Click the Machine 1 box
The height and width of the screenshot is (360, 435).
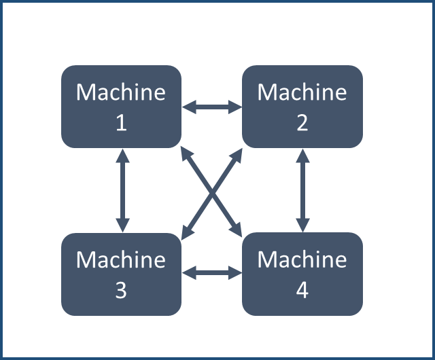[x=121, y=107]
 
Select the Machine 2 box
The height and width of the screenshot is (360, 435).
[x=302, y=107]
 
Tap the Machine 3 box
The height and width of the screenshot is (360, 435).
[x=121, y=274]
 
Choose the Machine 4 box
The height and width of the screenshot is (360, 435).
[x=302, y=274]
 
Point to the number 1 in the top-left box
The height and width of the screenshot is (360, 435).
[x=121, y=123]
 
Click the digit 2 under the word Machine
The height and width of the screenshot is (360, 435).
[x=302, y=123]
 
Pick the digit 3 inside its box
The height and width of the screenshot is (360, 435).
[x=121, y=291]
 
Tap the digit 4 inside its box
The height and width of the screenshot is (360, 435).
[x=302, y=291]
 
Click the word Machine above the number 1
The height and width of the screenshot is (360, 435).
[x=121, y=92]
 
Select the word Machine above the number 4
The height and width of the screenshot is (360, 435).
[x=302, y=259]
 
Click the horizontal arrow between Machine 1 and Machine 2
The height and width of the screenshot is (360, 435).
[x=212, y=107]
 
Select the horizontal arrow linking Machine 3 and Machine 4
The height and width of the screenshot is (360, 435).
[x=212, y=273]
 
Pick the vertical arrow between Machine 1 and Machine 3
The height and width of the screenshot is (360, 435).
[x=122, y=190]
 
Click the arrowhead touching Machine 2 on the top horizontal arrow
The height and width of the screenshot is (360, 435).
[x=236, y=107]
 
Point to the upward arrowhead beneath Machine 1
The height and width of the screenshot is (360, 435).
[x=122, y=155]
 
